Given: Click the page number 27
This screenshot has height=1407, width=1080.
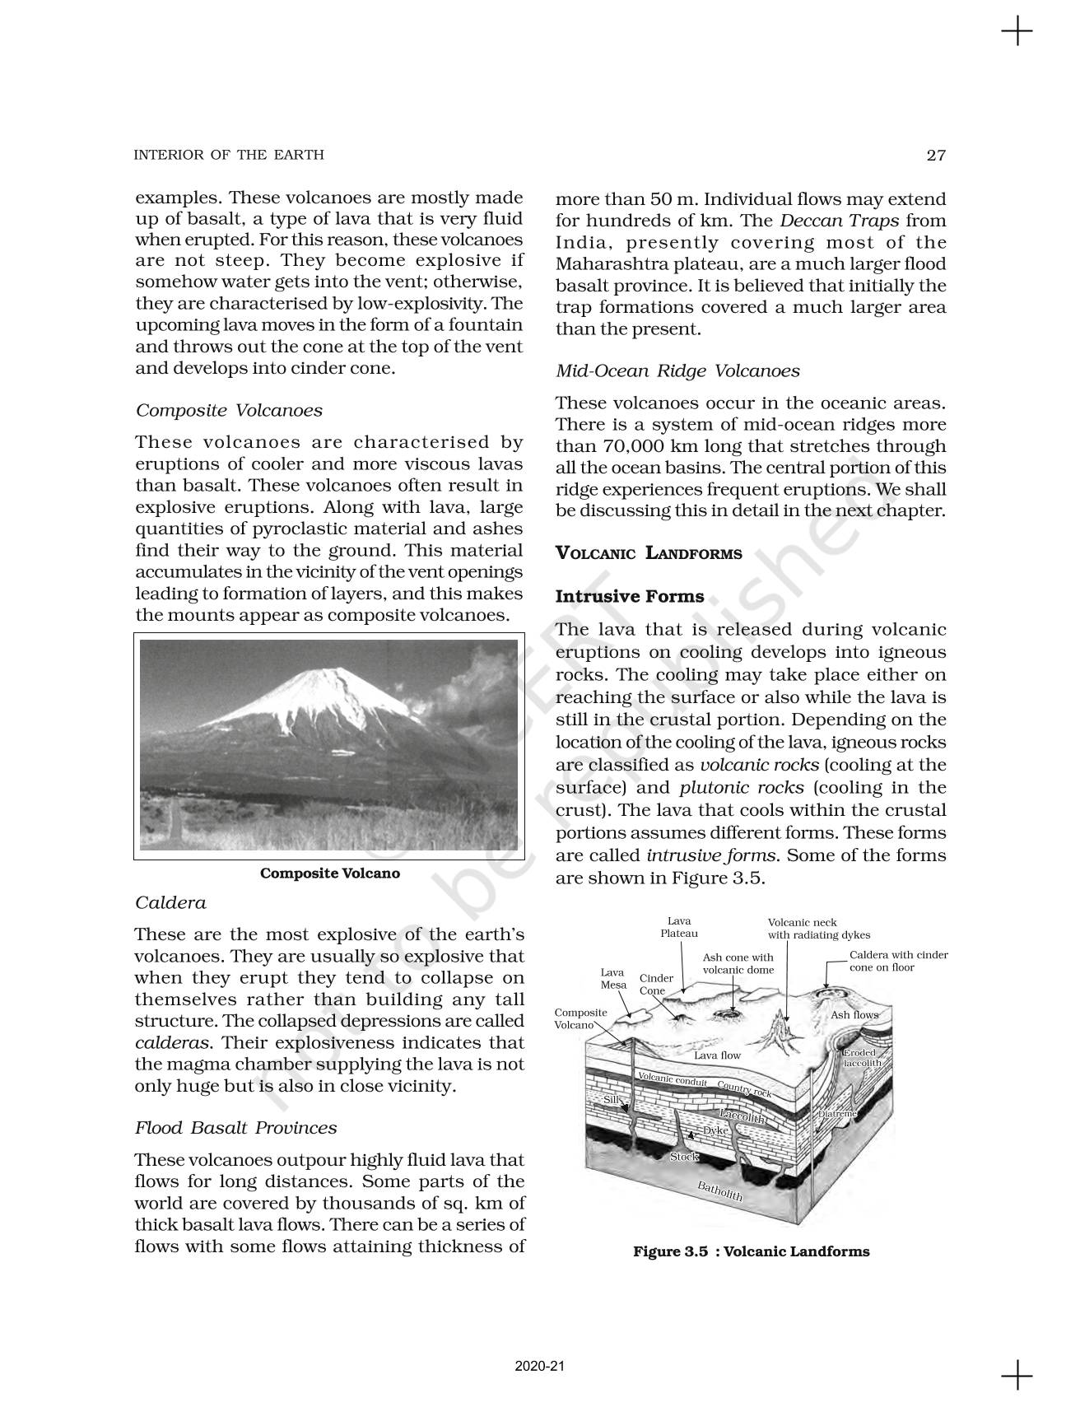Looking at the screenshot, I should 936,155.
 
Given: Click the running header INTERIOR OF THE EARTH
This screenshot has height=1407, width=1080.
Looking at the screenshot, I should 229,155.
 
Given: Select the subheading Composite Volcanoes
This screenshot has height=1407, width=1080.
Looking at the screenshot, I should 229,410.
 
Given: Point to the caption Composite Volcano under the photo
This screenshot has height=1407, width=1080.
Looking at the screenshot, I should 329,874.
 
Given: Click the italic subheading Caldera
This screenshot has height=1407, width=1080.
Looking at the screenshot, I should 170,902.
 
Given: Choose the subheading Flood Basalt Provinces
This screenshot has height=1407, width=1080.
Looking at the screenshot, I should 236,1127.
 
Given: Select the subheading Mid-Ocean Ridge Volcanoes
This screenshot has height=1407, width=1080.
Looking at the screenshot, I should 677,370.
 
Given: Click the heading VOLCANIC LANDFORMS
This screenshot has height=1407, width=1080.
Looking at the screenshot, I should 649,553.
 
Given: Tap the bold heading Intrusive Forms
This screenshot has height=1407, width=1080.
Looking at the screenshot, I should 630,596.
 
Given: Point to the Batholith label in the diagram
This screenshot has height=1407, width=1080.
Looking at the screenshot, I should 720,1190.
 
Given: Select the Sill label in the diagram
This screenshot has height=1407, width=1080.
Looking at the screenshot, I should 611,1099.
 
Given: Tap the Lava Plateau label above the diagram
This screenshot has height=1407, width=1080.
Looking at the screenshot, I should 679,927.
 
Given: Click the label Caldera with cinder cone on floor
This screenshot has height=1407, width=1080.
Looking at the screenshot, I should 898,961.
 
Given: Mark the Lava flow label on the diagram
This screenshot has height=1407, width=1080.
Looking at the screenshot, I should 717,1055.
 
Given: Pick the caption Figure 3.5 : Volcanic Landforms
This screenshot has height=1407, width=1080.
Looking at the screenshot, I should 751,1251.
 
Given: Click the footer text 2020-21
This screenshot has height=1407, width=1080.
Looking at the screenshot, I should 539,1366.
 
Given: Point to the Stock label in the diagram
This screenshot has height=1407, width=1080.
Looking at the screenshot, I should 684,1157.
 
